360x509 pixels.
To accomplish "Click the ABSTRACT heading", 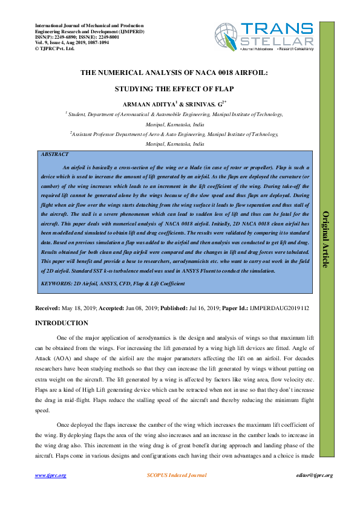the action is pos(54,155).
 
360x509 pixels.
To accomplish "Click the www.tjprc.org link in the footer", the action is pos(50,476).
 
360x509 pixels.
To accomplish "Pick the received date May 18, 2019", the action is pos(84,308).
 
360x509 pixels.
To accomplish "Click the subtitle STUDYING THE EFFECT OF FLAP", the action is pos(175,88).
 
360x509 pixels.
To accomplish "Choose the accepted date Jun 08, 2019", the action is pos(143,308).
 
